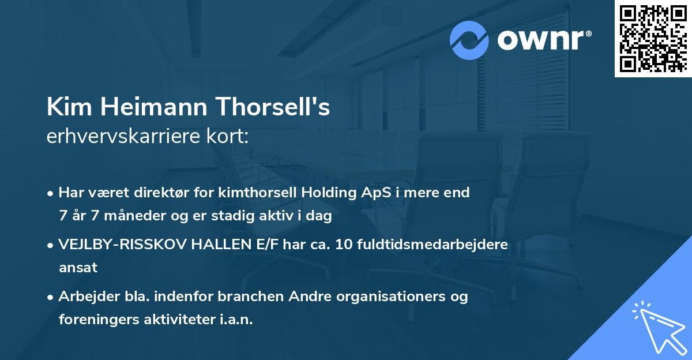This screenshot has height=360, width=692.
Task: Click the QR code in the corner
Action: [653, 39]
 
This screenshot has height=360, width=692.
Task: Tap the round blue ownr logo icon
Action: [469, 40]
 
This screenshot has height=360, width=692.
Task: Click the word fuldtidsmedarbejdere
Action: [432, 244]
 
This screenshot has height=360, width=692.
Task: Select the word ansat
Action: [78, 268]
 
